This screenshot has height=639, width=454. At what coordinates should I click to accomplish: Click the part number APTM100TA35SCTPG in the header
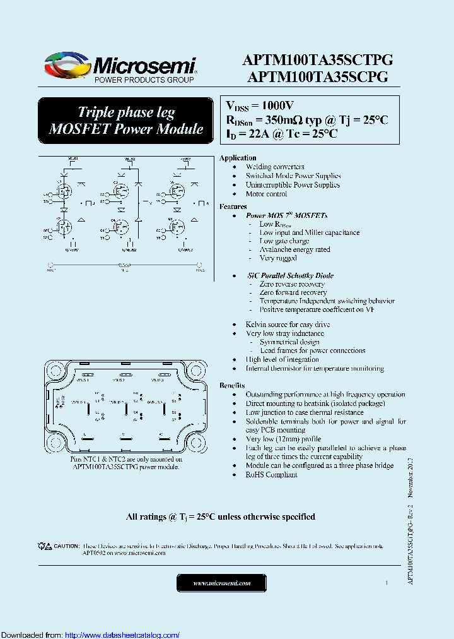(x=317, y=61)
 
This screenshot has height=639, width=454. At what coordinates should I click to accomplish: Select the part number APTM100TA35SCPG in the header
(x=317, y=77)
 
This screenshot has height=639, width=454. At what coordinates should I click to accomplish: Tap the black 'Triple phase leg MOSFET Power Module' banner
(x=126, y=121)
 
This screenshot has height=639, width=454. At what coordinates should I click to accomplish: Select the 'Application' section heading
(x=238, y=158)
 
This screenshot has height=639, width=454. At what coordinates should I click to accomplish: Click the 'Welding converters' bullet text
(x=275, y=167)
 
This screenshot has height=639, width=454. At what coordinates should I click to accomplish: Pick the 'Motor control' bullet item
(x=266, y=194)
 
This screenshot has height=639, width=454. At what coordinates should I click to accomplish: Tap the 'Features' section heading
(x=233, y=206)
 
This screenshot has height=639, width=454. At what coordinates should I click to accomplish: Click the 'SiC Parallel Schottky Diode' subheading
(x=291, y=275)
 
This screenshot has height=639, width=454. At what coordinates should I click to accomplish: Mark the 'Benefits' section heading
(x=233, y=385)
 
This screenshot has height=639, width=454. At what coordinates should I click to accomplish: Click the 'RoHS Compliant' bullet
(x=271, y=474)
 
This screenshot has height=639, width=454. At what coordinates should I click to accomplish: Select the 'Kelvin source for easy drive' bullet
(x=288, y=325)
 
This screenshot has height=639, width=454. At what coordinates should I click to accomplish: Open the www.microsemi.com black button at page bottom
(x=221, y=583)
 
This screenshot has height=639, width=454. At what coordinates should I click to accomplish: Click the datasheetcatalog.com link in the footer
(x=122, y=635)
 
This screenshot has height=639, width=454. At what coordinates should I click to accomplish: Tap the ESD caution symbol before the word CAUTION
(x=44, y=546)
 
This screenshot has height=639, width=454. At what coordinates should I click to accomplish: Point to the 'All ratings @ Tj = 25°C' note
(x=221, y=517)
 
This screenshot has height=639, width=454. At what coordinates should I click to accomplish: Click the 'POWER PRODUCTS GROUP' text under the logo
(x=144, y=81)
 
